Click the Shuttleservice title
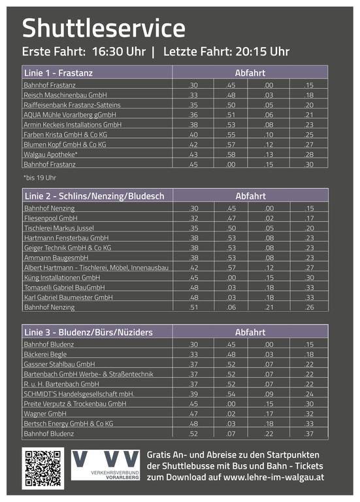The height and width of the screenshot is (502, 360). point(103,28)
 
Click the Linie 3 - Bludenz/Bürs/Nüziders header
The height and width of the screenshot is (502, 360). point(88,332)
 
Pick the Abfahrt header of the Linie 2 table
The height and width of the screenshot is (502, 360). point(250,195)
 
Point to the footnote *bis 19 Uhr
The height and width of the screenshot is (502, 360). point(40,177)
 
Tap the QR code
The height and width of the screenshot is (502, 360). point(43,468)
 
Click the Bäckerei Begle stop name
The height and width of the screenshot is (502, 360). point(46,354)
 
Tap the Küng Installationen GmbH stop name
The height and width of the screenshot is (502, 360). point(61,277)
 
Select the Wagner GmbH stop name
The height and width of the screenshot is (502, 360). point(45,414)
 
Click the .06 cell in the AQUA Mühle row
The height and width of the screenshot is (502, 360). point(269,114)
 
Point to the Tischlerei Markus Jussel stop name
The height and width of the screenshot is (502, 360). point(59,227)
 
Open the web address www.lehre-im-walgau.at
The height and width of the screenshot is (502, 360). point(274,478)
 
